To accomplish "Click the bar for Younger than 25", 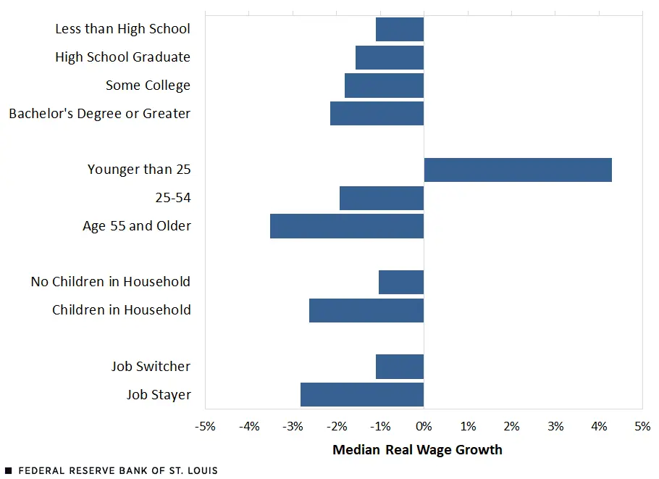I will click(x=518, y=170).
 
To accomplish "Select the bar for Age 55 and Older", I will click(x=347, y=226).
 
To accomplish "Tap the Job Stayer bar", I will click(x=362, y=395).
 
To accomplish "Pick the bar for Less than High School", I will click(x=400, y=29).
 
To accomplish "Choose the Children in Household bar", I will click(x=366, y=310).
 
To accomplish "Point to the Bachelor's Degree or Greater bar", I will click(x=377, y=114).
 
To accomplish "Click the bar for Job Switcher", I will click(x=400, y=367).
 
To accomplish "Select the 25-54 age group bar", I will click(x=382, y=198).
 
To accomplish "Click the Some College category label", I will click(x=148, y=86).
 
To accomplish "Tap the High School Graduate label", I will click(x=122, y=57).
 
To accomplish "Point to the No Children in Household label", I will click(x=110, y=282).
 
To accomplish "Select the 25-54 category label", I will click(x=172, y=198).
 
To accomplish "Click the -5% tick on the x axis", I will click(x=206, y=426).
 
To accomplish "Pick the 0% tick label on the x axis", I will click(x=424, y=426).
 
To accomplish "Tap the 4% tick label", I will click(x=599, y=426).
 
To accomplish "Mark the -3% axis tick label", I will click(x=293, y=426).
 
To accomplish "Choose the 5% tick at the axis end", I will click(x=642, y=426).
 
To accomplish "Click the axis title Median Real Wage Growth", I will click(x=417, y=450).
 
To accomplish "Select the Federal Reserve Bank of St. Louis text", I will click(x=118, y=470).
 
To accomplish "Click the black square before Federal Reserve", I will click(x=8, y=471).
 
